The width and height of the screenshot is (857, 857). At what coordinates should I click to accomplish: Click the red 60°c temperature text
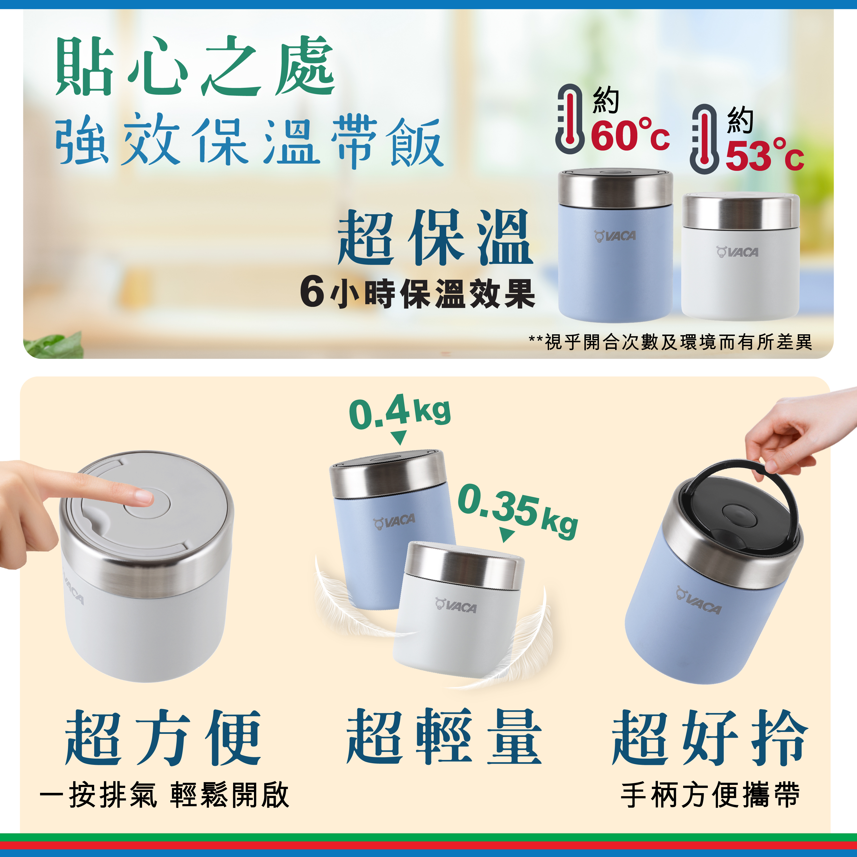[x=630, y=135]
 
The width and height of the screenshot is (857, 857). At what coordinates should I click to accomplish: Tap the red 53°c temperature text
[x=764, y=155]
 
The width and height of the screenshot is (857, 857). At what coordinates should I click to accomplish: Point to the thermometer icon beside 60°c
[x=570, y=118]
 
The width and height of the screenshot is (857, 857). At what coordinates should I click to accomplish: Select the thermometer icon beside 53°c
[x=705, y=139]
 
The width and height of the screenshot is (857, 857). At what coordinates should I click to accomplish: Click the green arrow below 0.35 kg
[x=507, y=534]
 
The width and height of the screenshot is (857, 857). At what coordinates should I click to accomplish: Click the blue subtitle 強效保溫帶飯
[x=249, y=141]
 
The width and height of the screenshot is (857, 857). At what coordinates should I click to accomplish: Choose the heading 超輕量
[x=443, y=736]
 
